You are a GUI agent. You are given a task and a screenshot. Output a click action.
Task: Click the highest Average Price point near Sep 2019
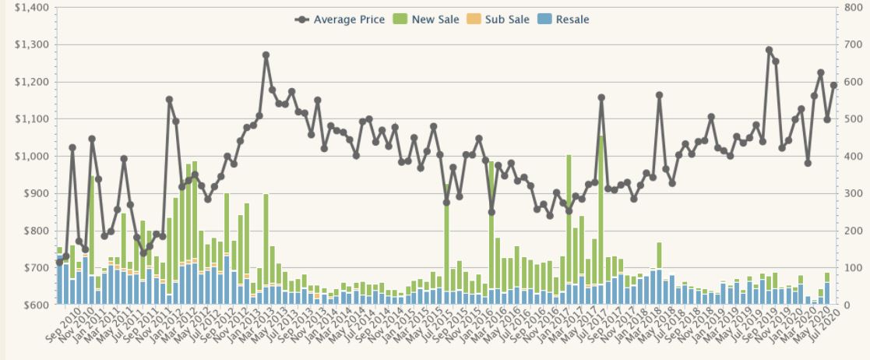click(x=769, y=50)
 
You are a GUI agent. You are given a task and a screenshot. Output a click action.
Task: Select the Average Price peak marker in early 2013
click(x=266, y=55)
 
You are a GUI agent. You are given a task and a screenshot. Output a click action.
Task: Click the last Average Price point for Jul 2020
click(x=833, y=86)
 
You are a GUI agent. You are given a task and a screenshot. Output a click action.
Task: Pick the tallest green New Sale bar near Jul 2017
click(x=601, y=210)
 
